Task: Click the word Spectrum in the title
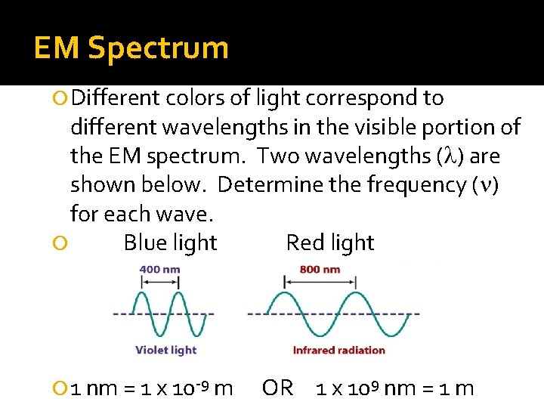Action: coord(159,48)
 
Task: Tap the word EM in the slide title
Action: coord(57,48)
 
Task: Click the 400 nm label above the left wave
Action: coord(159,269)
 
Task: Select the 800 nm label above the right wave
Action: coord(320,269)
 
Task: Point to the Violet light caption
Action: coord(165,350)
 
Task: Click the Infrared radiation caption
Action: coord(338,350)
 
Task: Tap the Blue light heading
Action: coord(170,243)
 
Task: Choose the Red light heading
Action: coord(330,243)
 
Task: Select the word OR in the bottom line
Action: coord(277,388)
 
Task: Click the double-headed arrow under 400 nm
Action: coord(159,282)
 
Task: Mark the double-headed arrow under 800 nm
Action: coord(320,282)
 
